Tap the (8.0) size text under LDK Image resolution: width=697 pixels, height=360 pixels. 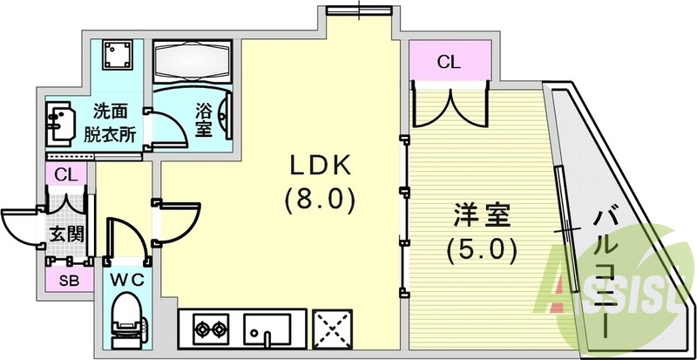[x=319, y=201]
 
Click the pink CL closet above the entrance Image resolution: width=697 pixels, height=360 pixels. [x=66, y=173]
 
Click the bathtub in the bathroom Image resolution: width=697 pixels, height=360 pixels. [x=195, y=59]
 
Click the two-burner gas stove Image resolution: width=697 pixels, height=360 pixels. [x=208, y=329]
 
